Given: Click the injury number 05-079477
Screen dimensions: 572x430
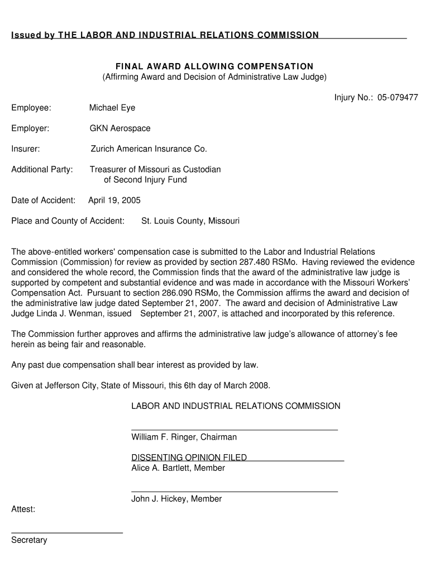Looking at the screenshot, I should click(x=397, y=97).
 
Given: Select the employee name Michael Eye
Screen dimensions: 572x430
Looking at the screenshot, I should click(x=112, y=108).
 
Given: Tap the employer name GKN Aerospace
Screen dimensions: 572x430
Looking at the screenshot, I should click(x=120, y=128).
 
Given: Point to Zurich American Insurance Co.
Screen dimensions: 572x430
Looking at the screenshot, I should click(x=149, y=149).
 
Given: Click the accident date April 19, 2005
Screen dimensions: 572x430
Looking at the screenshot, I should click(x=114, y=200).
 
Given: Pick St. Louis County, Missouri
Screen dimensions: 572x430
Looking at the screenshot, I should click(x=190, y=221).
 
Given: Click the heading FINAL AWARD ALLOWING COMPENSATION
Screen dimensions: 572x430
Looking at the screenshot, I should click(x=214, y=66).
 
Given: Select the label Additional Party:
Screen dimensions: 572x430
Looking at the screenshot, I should click(x=42, y=169).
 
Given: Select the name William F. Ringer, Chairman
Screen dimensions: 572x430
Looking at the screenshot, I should click(x=184, y=437).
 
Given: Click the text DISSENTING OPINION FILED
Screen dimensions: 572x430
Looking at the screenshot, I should click(x=189, y=457).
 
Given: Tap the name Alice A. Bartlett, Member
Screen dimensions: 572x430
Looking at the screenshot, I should click(x=178, y=468).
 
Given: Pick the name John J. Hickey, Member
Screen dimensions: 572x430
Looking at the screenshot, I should click(x=176, y=499).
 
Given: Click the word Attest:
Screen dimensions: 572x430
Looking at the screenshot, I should click(x=23, y=509).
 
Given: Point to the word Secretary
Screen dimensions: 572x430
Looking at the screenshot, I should click(x=29, y=540).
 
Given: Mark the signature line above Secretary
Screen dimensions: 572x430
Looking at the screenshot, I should click(x=67, y=533).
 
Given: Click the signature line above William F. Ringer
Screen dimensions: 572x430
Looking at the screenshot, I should click(x=235, y=430).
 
